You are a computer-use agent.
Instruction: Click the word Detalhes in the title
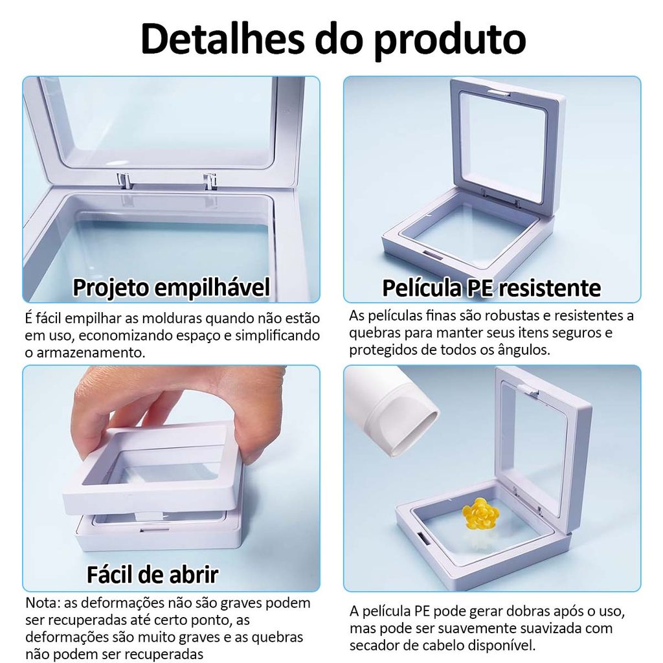(x=223, y=39)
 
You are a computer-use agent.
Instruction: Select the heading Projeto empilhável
(x=171, y=288)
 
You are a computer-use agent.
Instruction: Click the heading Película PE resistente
(x=491, y=288)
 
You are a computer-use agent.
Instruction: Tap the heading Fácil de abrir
(x=153, y=575)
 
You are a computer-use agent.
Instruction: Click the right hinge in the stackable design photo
(x=210, y=181)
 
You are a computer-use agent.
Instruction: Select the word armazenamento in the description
(x=91, y=352)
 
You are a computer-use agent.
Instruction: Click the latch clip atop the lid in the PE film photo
(x=497, y=93)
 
